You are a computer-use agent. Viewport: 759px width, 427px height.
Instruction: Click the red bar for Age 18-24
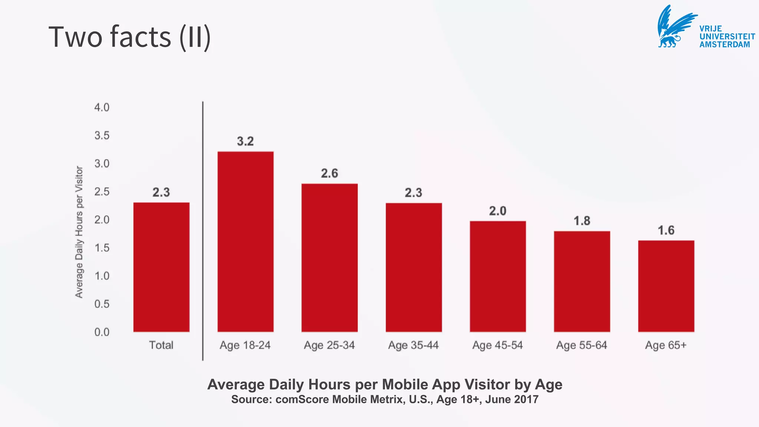point(245,241)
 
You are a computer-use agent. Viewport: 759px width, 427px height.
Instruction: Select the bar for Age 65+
point(666,286)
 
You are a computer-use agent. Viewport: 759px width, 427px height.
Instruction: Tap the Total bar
point(161,267)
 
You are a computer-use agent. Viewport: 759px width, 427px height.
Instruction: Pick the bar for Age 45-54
point(498,276)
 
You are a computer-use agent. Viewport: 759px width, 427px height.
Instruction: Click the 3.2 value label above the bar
point(245,141)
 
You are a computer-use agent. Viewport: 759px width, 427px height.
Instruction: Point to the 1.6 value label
point(666,230)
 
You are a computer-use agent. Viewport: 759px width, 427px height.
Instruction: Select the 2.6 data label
point(329,173)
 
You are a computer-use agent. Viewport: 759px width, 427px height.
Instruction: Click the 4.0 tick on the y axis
point(102,107)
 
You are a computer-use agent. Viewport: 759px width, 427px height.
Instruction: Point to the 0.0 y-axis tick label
point(102,332)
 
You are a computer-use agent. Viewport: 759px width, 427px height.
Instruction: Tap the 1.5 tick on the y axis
point(102,248)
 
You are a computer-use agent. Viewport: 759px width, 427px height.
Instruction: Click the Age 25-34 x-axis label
point(329,345)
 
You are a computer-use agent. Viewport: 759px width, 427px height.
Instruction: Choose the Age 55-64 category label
point(581,345)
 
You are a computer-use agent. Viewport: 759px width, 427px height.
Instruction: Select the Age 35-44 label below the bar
point(413,345)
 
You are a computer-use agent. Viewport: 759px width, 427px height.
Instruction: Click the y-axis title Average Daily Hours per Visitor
point(79,232)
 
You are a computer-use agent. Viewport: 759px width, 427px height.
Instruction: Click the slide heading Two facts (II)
point(130,37)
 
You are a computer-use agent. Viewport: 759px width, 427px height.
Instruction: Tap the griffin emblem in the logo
point(675,27)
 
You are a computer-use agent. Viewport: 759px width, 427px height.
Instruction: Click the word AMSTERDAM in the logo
point(725,44)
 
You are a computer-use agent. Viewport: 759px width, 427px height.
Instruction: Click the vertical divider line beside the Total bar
point(203,230)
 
